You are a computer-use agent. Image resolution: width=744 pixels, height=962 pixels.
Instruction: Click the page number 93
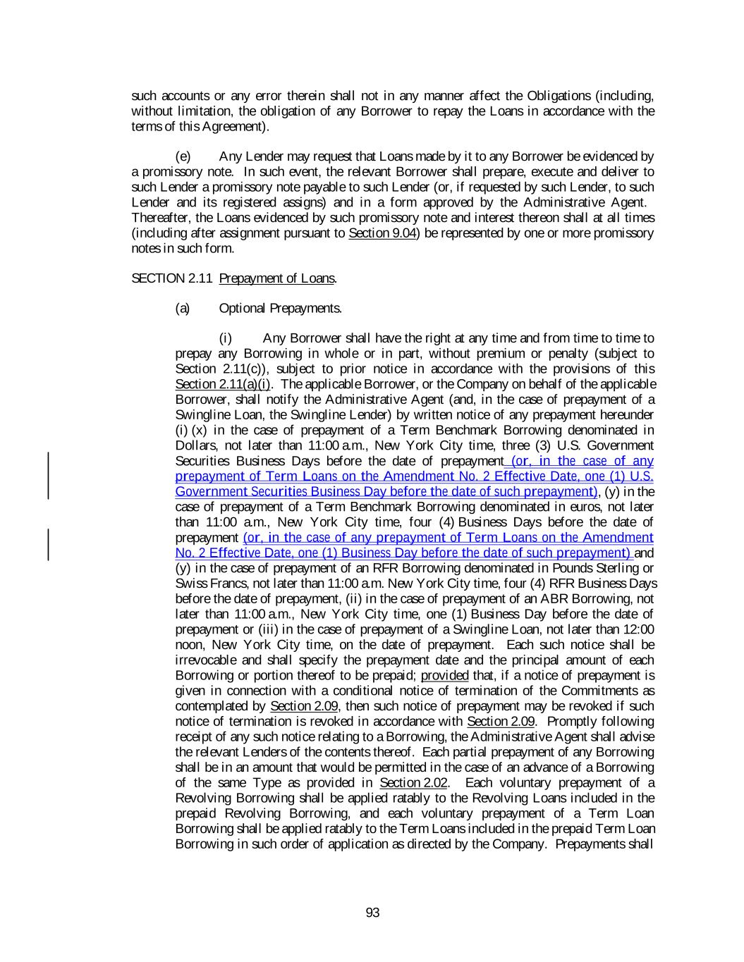click(x=372, y=913)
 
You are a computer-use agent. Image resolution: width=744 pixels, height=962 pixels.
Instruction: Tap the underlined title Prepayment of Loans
click(x=276, y=278)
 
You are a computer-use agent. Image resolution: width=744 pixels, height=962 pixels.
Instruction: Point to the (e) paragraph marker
click(x=183, y=156)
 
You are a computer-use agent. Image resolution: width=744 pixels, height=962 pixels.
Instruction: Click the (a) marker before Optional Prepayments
click(x=183, y=309)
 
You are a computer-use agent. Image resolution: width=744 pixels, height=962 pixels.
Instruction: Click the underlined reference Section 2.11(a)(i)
click(x=223, y=384)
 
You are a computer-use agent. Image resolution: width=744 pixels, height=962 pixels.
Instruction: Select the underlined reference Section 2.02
click(x=413, y=783)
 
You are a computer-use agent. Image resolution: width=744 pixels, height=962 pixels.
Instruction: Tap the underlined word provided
click(x=444, y=676)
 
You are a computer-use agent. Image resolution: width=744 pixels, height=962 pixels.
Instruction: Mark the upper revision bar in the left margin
click(x=49, y=467)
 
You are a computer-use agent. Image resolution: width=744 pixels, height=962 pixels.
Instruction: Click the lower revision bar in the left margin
click(x=49, y=545)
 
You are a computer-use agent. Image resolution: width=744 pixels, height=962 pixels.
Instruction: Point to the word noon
click(x=189, y=645)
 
